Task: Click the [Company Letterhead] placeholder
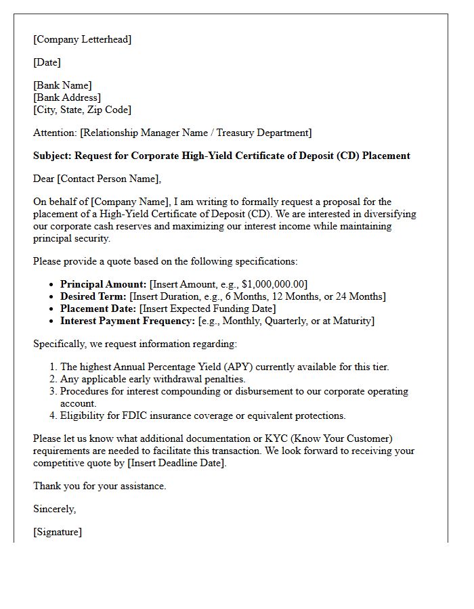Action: pos(82,39)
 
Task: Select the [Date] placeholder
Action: pos(47,62)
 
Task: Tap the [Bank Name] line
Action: pos(62,85)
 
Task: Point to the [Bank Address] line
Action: pos(67,97)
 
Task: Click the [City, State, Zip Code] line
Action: pos(82,110)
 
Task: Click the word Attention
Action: pos(54,133)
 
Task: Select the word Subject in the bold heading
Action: pos(51,156)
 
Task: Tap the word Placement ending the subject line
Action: pos(386,156)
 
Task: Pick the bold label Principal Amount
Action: pos(102,284)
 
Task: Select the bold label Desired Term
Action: pos(93,296)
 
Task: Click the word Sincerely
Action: pos(54,509)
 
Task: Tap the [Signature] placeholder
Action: pos(58,532)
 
